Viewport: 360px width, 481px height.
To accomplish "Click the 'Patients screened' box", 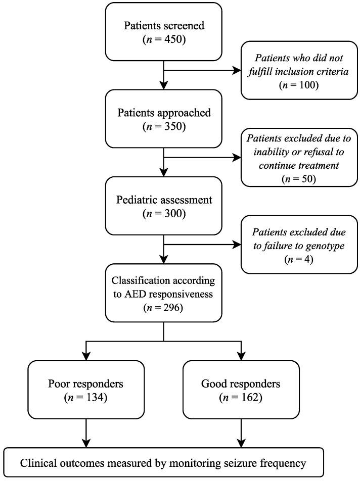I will [x=164, y=31].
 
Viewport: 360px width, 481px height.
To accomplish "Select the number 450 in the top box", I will [x=171, y=39].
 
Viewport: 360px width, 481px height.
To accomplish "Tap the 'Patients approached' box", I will [x=164, y=119].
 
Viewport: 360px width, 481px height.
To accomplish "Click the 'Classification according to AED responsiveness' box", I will [x=164, y=292].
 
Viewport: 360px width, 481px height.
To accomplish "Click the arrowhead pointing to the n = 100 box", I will [x=237, y=71].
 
